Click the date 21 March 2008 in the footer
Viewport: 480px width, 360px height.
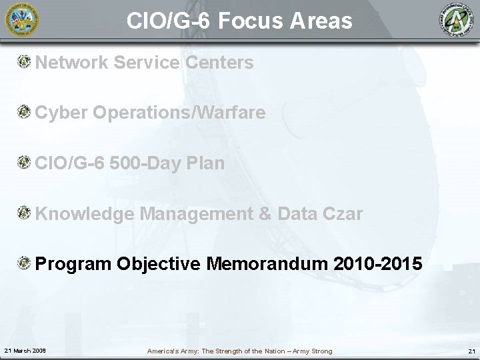(x=24, y=351)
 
